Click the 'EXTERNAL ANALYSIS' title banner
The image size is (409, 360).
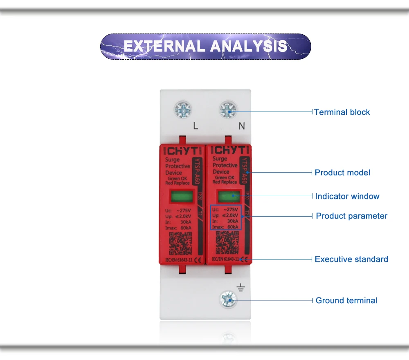coord(205,46)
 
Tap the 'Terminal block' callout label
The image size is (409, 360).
coord(342,112)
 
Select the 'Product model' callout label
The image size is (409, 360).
coord(342,172)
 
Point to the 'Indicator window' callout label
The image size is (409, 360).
coord(347,196)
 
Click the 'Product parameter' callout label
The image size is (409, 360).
coord(351,216)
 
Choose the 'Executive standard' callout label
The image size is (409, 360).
coord(351,259)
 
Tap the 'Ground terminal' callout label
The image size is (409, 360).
coord(346,300)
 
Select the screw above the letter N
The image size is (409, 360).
coord(227,110)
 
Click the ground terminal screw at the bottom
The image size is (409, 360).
coord(227,300)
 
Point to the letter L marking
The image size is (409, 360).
coord(196,126)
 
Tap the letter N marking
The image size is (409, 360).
coord(241,126)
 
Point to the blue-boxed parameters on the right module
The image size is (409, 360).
coord(226,217)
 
